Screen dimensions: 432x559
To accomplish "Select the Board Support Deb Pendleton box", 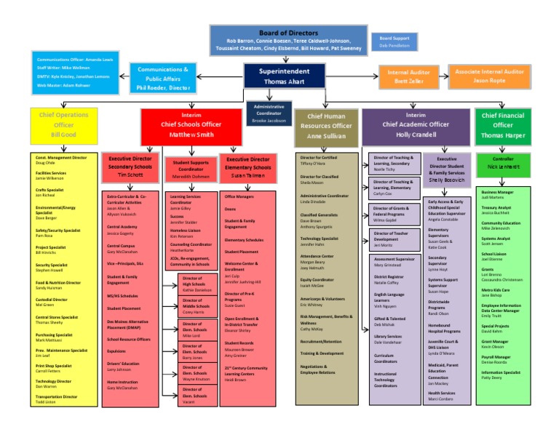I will tap(395, 41).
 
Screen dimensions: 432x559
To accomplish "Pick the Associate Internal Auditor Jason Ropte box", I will tap(488, 77).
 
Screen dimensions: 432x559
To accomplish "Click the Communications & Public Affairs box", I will tap(163, 78).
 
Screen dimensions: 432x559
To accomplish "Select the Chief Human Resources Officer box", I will tap(325, 125).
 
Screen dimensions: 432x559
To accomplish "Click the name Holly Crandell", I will tap(416, 134).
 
